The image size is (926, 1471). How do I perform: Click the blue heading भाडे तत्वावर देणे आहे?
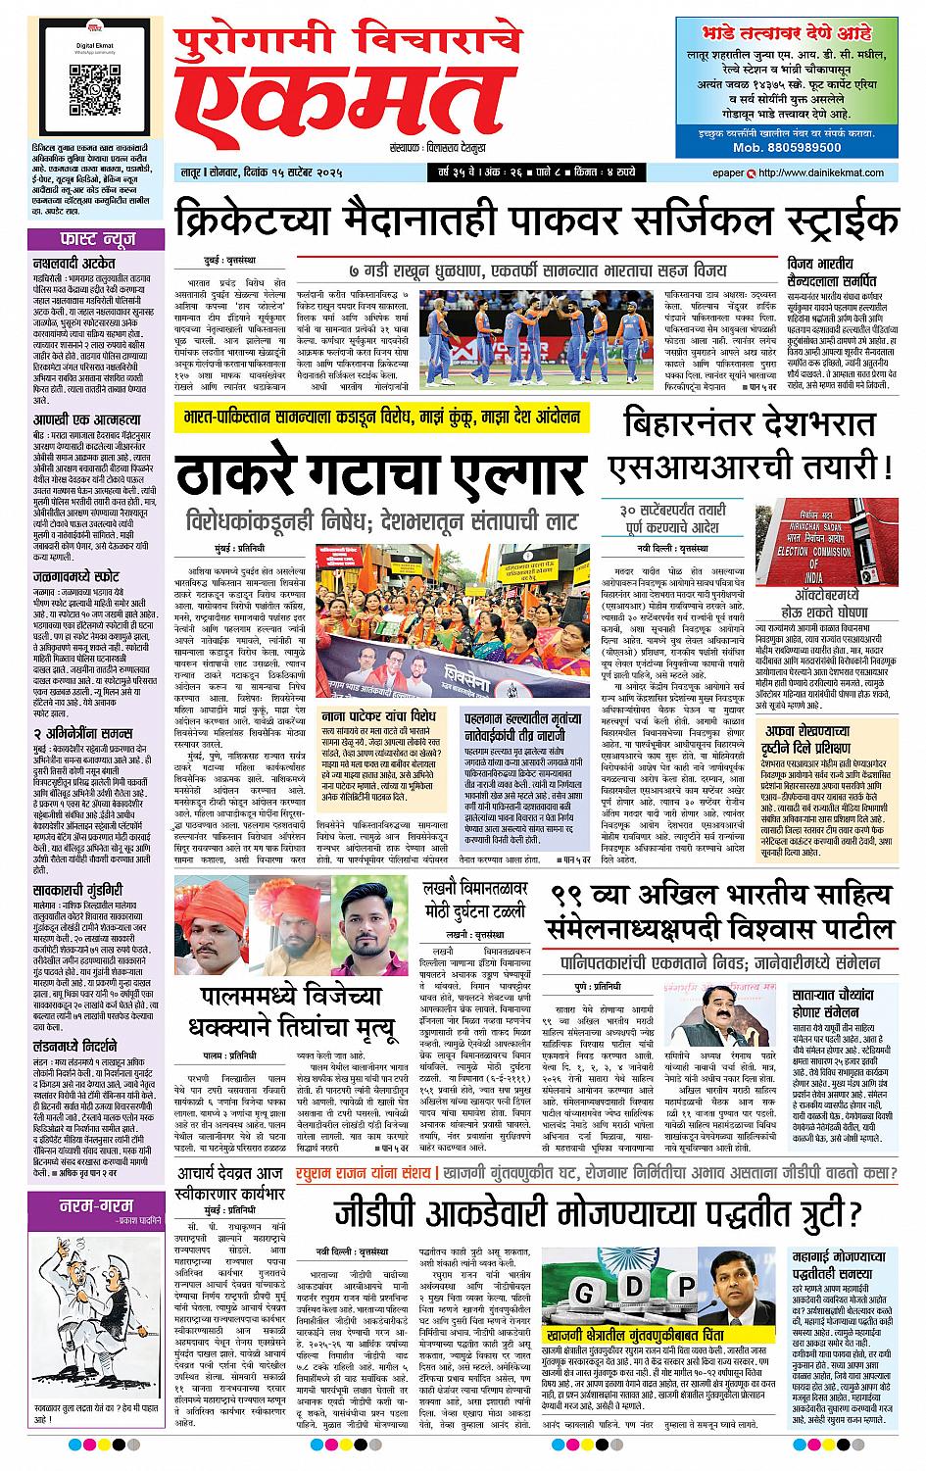coord(794,29)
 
